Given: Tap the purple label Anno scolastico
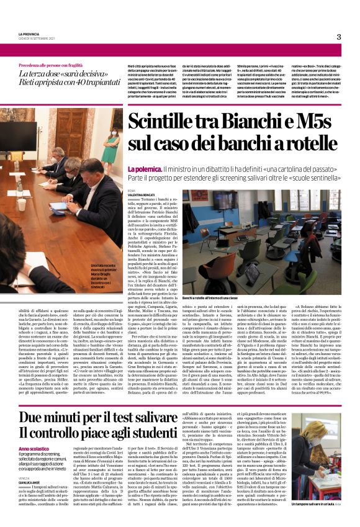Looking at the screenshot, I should tap(35, 448).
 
